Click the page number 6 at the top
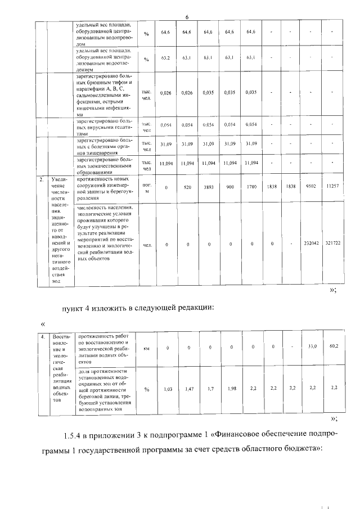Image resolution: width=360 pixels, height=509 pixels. [x=186, y=17]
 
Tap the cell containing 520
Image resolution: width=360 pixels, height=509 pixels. [x=188, y=187]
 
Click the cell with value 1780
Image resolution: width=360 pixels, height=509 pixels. [x=251, y=187]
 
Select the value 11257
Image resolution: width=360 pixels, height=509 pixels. [x=332, y=185]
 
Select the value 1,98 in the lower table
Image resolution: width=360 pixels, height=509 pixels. [x=230, y=389]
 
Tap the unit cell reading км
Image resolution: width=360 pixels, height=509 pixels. [x=147, y=348]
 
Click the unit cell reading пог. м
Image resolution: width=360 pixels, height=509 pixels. [x=147, y=187]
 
